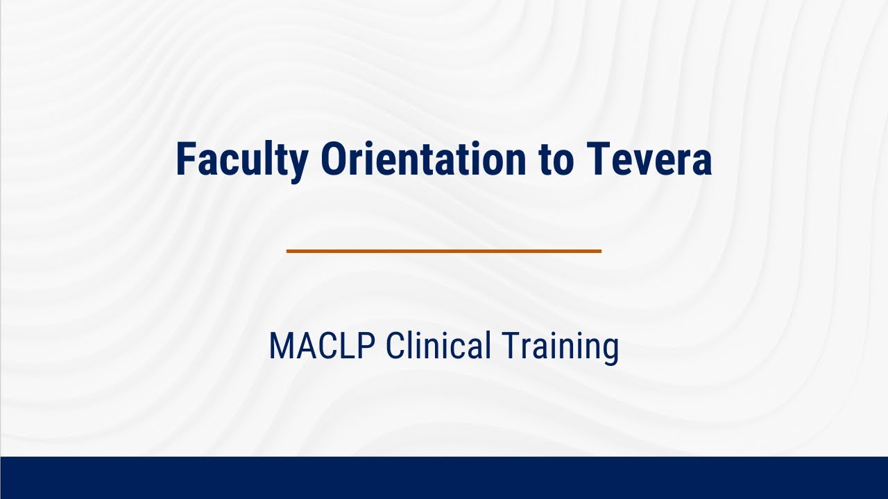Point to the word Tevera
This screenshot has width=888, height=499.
[x=650, y=160]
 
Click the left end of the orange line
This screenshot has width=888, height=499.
[x=289, y=251]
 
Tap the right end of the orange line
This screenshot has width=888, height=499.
[x=599, y=251]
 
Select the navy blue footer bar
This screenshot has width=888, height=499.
[x=444, y=478]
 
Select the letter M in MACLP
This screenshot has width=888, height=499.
[x=280, y=346]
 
